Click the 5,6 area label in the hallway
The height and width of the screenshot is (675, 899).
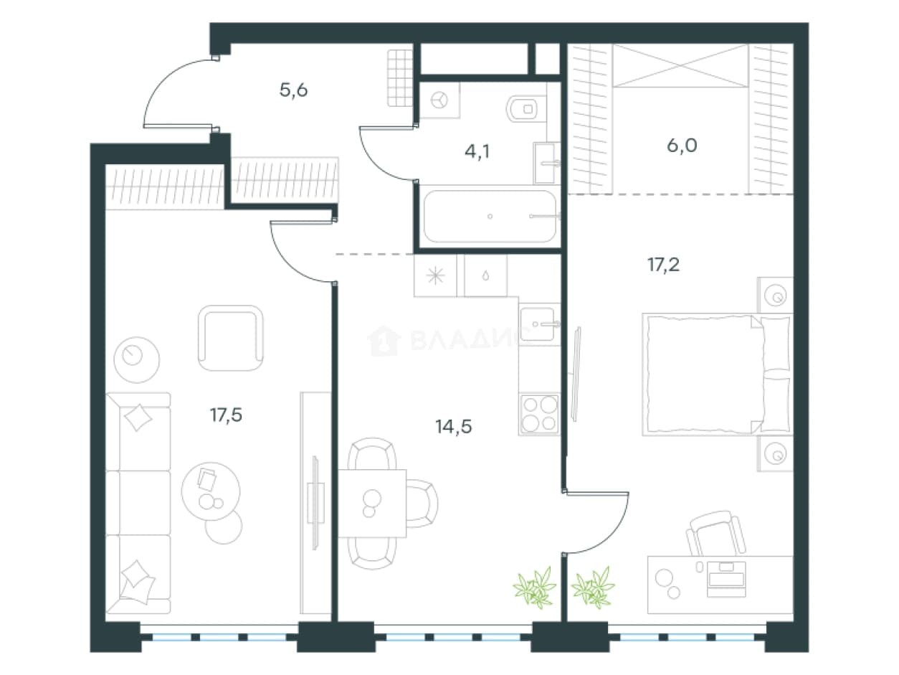point(293,90)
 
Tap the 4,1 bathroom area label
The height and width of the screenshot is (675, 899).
point(477,151)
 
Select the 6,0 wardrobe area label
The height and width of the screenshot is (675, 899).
point(682,146)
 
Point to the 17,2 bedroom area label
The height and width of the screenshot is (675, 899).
point(663,265)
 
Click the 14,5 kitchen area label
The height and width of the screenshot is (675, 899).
point(453,427)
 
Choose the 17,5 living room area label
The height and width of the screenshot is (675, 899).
point(226,415)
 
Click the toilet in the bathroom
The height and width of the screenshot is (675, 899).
point(527,109)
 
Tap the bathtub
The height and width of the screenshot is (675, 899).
point(490,217)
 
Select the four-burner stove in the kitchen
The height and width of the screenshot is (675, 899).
point(539,415)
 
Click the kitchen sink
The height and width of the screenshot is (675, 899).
point(539,324)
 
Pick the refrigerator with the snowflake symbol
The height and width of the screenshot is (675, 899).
point(435,275)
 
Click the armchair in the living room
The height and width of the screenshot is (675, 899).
point(231,338)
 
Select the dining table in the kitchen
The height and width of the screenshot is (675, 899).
point(372,504)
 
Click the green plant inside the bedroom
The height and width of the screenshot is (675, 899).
point(593,587)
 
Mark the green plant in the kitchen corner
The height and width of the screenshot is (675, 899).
point(535,587)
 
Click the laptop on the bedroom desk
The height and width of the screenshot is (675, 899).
point(726,579)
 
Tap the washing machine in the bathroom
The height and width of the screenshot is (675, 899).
point(439,100)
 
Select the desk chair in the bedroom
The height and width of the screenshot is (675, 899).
point(716,533)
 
